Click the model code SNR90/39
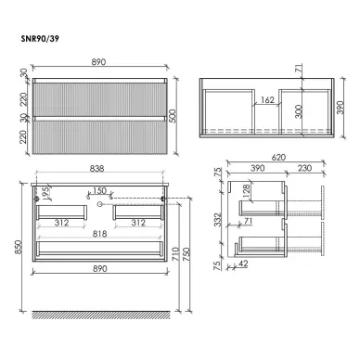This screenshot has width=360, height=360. pyautogui.click(x=40, y=39)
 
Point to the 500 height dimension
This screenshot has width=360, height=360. pyautogui.click(x=174, y=116)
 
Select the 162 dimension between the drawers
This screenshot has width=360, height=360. pyautogui.click(x=267, y=100)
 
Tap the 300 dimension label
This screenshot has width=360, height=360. pyautogui.click(x=299, y=111)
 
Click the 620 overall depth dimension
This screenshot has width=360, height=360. pyautogui.click(x=278, y=158)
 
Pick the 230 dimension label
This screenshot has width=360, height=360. pyautogui.click(x=304, y=168)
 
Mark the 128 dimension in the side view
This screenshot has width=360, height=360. pyautogui.click(x=246, y=192)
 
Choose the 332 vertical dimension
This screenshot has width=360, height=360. pyautogui.click(x=219, y=220)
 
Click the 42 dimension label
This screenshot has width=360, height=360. pyautogui.click(x=243, y=264)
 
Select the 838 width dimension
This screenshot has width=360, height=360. pyautogui.click(x=96, y=169)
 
